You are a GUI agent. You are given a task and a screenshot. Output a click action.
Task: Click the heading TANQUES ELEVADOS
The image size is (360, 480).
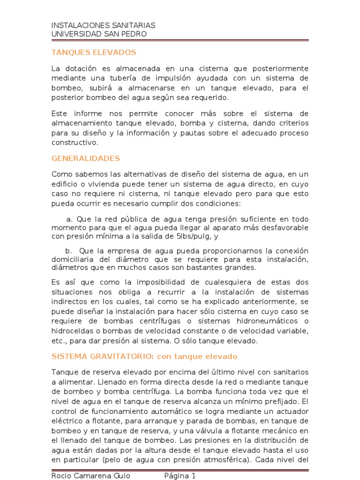(x=93, y=52)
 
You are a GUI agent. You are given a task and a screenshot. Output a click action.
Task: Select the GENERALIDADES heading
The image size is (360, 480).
(x=85, y=158)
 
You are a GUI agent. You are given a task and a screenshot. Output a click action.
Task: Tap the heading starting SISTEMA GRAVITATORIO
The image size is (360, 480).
(x=144, y=356)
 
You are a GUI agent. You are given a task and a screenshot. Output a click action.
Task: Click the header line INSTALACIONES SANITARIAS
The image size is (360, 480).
(x=103, y=25)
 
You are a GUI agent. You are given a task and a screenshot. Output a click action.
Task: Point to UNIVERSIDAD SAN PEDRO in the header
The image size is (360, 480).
(x=98, y=34)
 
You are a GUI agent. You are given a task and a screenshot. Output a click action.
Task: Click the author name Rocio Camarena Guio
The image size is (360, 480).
(x=90, y=476)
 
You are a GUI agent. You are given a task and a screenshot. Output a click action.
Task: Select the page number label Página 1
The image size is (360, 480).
(x=180, y=476)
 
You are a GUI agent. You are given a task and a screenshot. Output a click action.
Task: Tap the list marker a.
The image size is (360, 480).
(x=69, y=219)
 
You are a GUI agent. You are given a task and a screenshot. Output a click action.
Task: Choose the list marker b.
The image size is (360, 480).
(x=68, y=251)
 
